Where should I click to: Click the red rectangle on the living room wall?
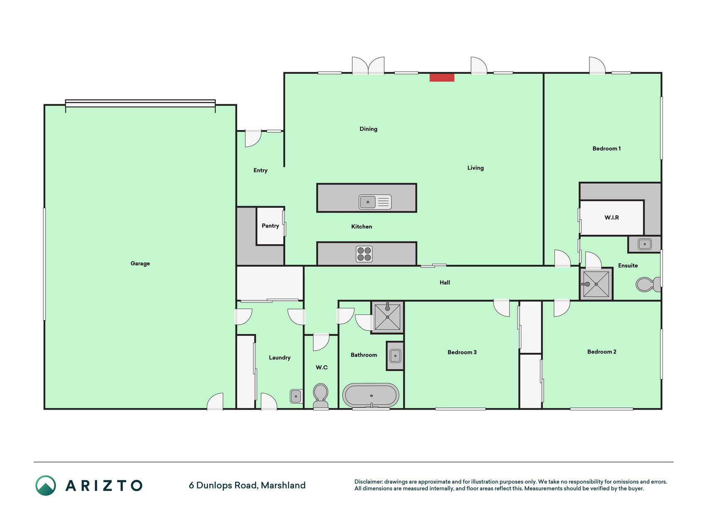(x=442, y=78)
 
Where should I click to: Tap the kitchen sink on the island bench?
(x=375, y=202)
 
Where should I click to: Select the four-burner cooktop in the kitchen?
(x=364, y=254)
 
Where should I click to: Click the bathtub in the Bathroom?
(x=370, y=396)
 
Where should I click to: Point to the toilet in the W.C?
(x=321, y=396)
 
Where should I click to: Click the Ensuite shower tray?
(x=596, y=284)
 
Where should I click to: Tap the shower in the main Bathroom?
(x=387, y=317)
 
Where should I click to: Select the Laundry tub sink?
(x=296, y=396)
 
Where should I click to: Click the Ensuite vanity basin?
(x=645, y=244)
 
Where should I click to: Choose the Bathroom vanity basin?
(x=395, y=356)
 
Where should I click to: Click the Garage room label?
(x=140, y=263)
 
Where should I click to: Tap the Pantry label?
(x=270, y=226)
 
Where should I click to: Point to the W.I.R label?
(x=611, y=217)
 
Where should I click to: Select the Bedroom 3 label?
(x=462, y=352)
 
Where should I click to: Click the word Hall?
(x=445, y=283)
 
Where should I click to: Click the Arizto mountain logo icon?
(x=46, y=485)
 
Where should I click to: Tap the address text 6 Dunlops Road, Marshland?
(x=247, y=485)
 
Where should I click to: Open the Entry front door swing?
(x=253, y=139)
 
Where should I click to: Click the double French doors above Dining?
(x=368, y=66)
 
